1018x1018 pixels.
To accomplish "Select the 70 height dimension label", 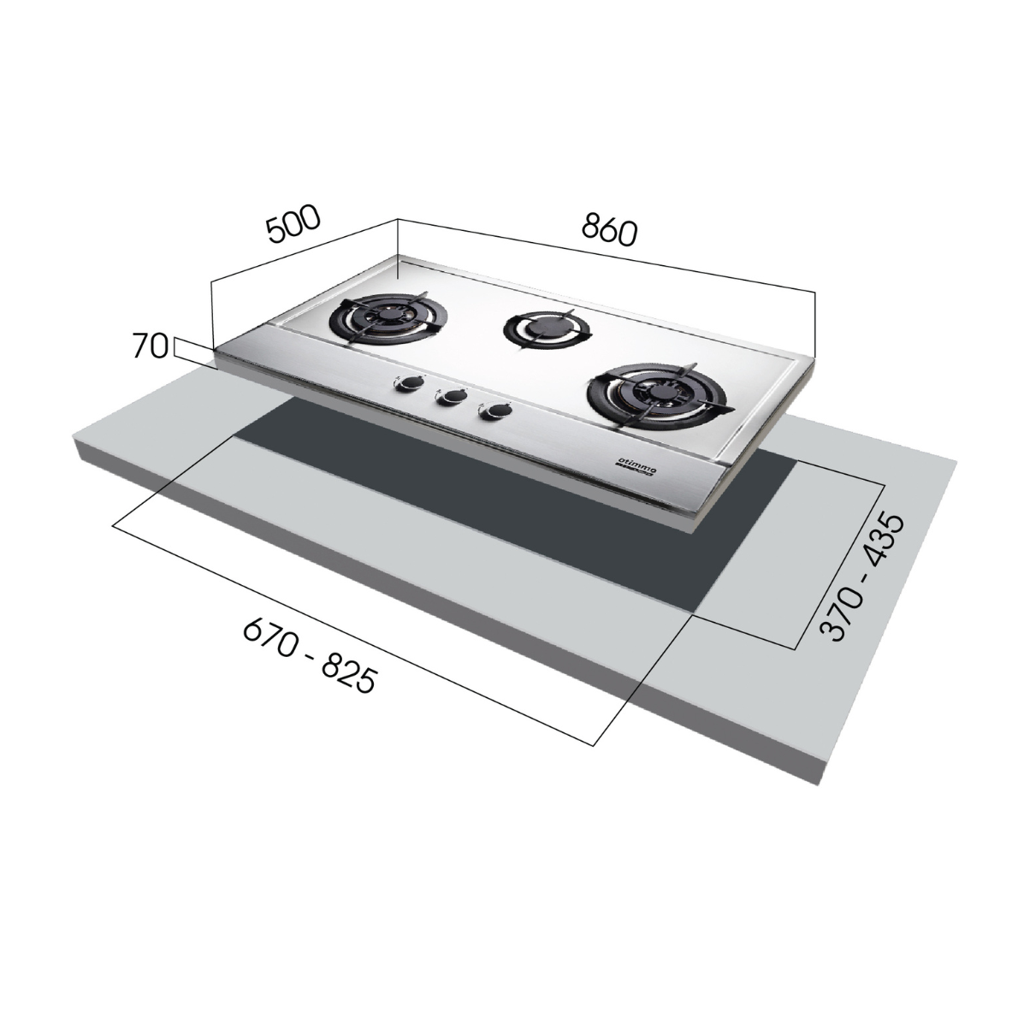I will tap(149, 346).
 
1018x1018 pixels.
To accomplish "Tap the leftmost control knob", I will tap(402, 385).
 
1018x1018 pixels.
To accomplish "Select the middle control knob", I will tap(447, 397).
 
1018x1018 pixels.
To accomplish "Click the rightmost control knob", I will tap(492, 413).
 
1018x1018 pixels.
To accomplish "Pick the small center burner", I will tap(545, 328).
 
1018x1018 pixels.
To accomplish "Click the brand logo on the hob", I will tap(636, 465).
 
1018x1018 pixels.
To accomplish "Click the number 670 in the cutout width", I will tap(266, 634).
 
